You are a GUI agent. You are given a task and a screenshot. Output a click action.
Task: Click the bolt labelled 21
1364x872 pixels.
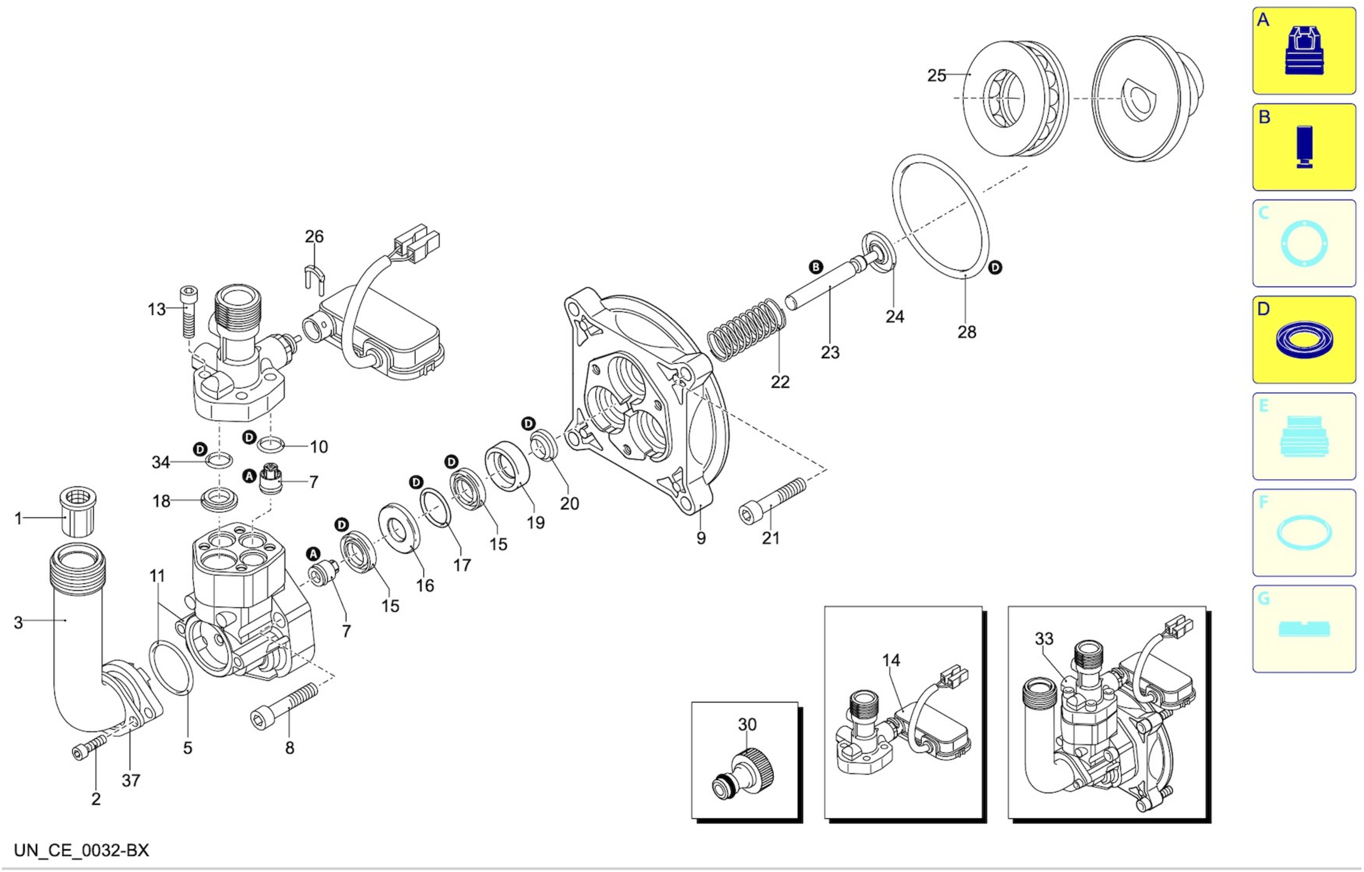tap(772, 500)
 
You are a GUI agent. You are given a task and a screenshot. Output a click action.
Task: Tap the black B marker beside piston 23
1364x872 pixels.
tap(816, 267)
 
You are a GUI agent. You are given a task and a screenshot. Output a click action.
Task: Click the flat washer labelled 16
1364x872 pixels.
tap(400, 528)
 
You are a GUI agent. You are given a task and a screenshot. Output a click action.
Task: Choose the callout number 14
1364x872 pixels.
tap(891, 660)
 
